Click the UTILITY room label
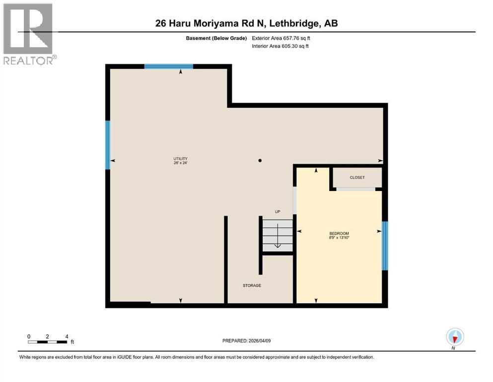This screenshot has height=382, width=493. tap(180, 158)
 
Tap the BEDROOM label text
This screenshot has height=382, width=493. tap(339, 233)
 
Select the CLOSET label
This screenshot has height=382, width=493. tap(357, 178)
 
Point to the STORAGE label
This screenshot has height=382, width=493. tap(252, 286)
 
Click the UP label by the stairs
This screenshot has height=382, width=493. tap(278, 212)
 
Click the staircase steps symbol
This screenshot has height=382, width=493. tap(277, 236)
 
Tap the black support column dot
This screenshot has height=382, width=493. tap(260, 161)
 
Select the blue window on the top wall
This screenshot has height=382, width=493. tap(168, 66)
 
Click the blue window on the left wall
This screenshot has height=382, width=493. tap(107, 145)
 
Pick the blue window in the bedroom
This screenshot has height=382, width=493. tap(384, 246)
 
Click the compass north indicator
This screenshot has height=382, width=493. tap(455, 337)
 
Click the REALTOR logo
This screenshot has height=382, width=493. tap(28, 34)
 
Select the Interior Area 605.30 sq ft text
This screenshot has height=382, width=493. tap(281, 46)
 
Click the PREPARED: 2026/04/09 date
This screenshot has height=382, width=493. tap(246, 341)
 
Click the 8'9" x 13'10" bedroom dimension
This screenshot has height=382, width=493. tap(339, 238)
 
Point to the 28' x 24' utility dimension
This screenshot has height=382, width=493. tap(180, 163)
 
